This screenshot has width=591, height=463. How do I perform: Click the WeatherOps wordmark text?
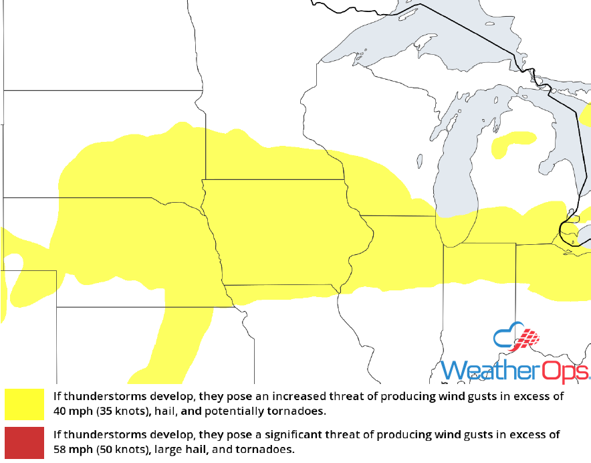tap(515, 371)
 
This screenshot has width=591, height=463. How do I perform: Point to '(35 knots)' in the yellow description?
tap(116, 410)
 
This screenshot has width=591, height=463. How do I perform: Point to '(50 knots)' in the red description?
tap(116, 448)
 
